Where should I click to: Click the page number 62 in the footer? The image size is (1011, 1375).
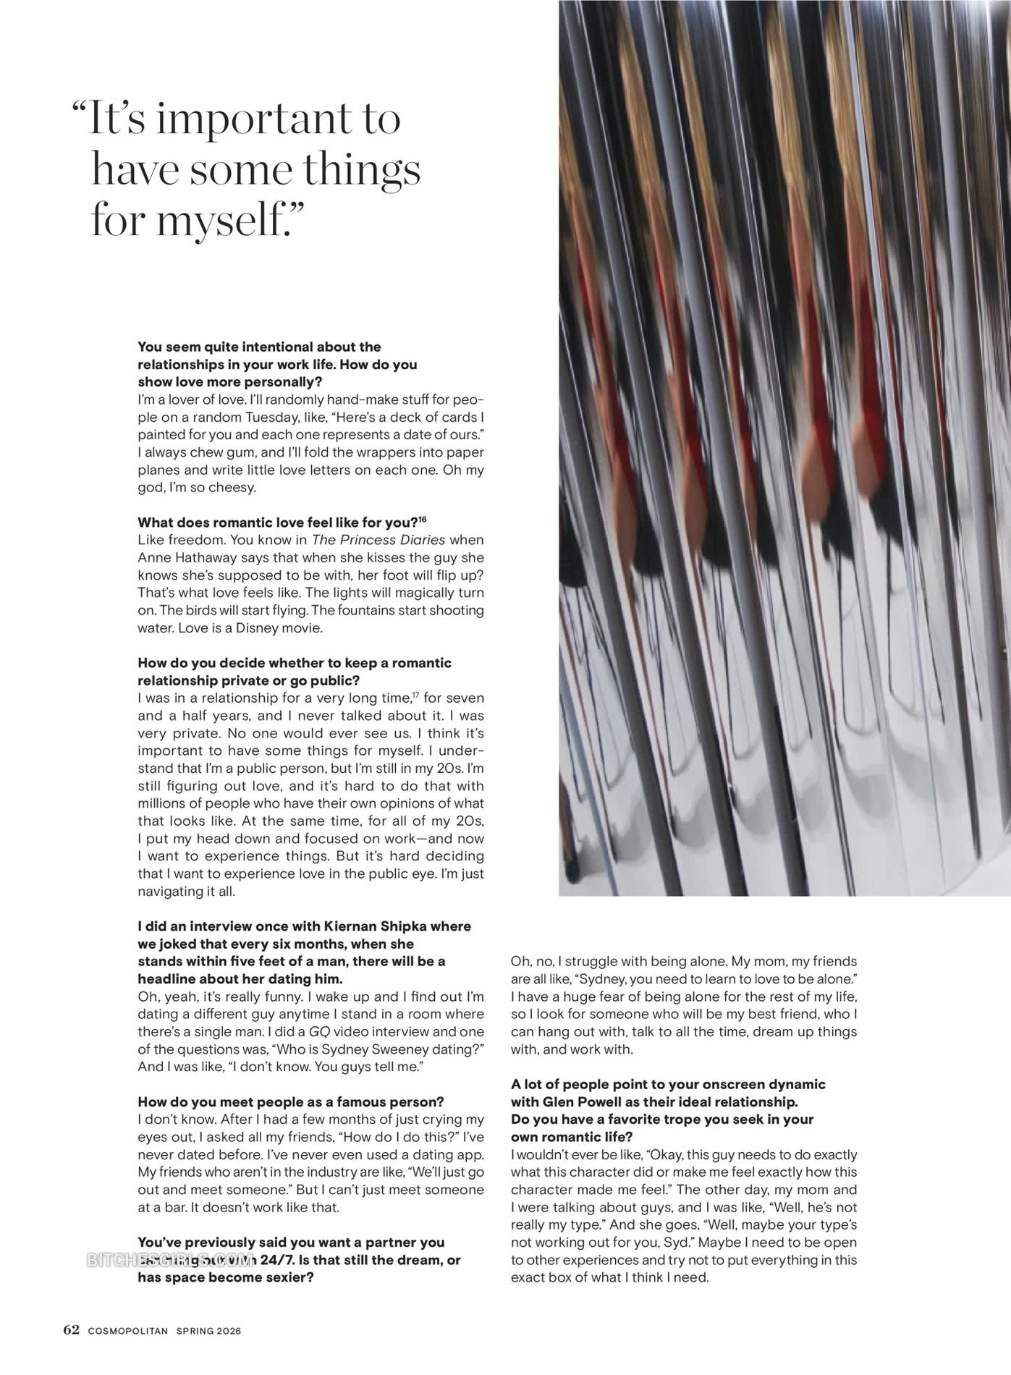click(71, 1330)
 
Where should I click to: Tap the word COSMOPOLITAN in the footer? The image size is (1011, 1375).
click(128, 1331)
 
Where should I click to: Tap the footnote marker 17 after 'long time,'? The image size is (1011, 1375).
click(415, 696)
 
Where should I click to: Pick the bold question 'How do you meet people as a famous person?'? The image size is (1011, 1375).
click(291, 1102)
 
